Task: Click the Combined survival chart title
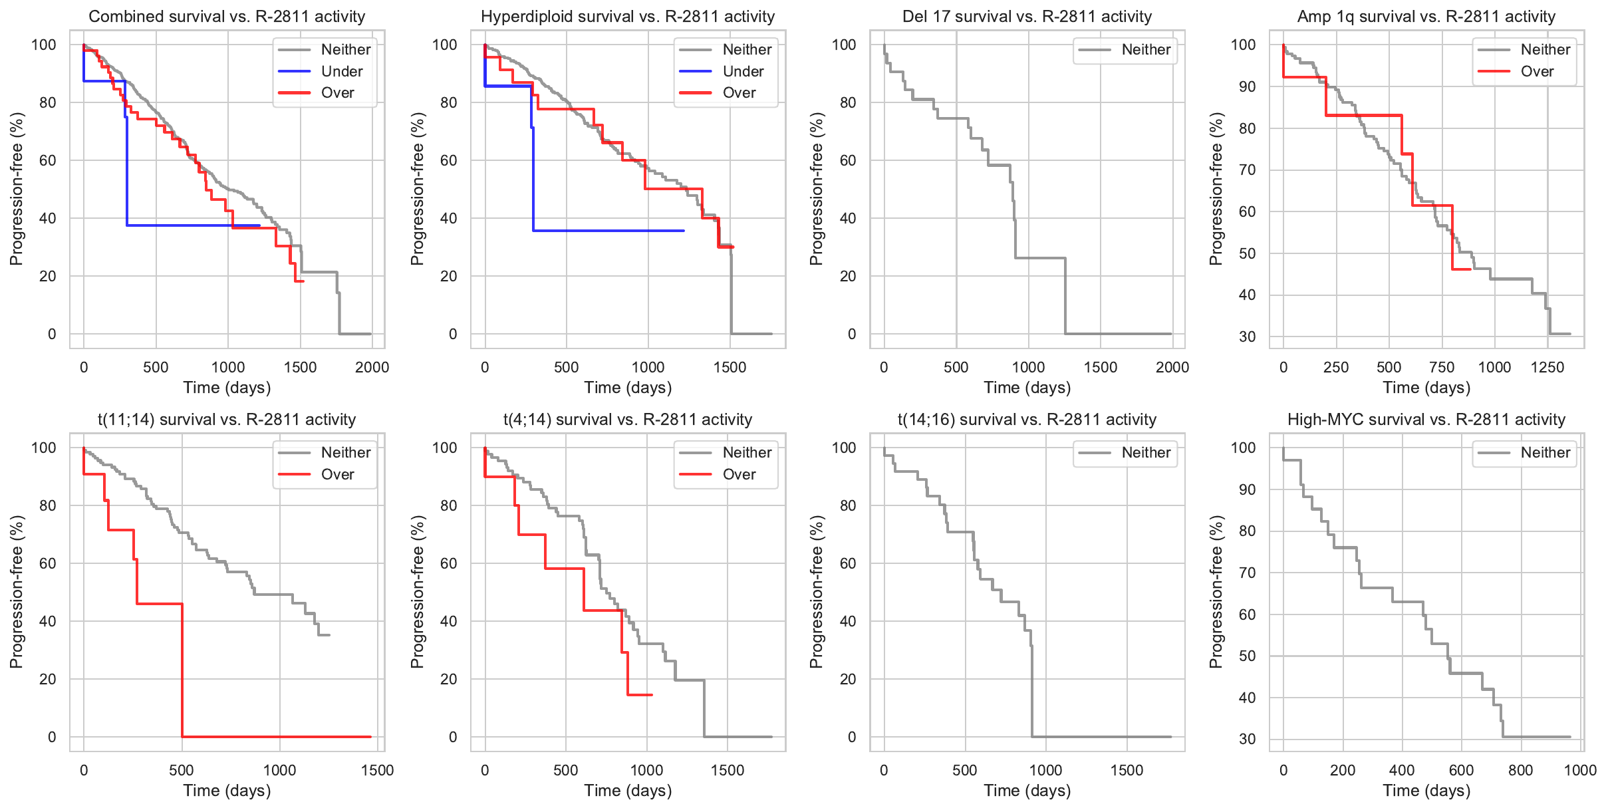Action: point(227,17)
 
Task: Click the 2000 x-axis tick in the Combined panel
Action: point(372,367)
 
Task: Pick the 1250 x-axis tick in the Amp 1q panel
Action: point(1547,367)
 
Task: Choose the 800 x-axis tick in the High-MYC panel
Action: point(1520,770)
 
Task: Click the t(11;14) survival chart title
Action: point(227,420)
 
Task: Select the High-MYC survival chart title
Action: point(1426,420)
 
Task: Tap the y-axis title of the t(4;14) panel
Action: point(417,592)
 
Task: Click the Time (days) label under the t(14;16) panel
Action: point(1027,790)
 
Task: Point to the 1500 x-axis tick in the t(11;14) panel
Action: point(377,770)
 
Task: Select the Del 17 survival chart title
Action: point(1027,17)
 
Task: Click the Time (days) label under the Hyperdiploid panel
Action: point(628,387)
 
